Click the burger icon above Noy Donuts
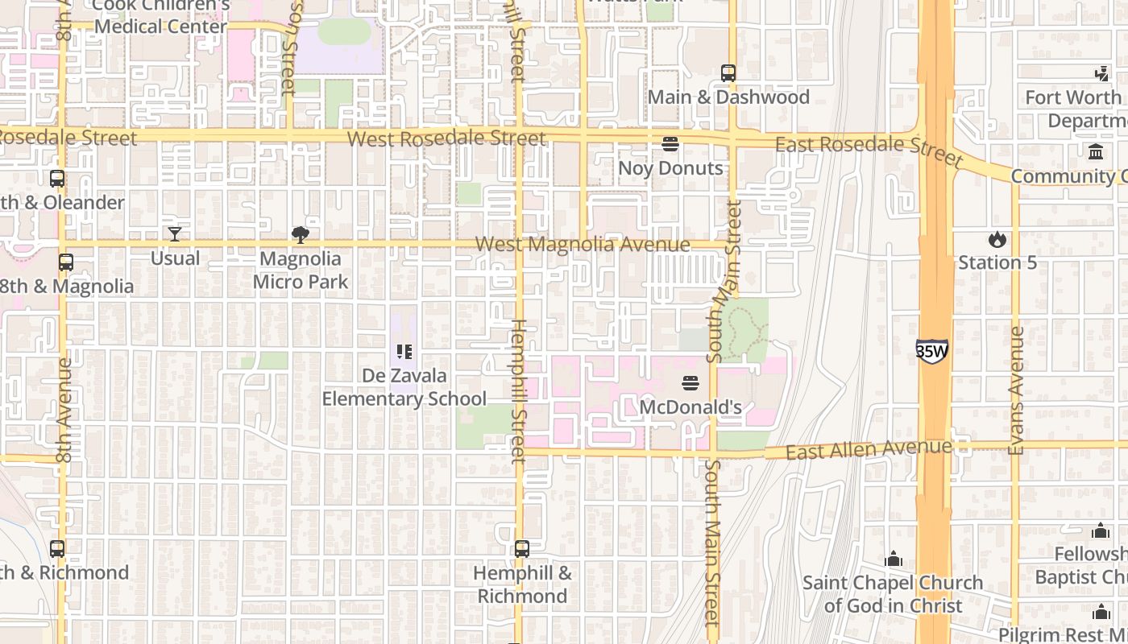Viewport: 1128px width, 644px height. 670,144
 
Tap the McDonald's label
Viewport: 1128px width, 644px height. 690,407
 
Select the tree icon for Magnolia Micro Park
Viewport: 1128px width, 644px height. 301,235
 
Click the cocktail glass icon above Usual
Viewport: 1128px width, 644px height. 175,234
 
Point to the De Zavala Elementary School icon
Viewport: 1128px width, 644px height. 404,352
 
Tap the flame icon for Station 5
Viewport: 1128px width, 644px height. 997,239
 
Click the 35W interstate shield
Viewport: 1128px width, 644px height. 931,350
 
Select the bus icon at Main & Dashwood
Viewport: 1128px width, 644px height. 728,73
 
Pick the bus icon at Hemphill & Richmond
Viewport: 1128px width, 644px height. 522,549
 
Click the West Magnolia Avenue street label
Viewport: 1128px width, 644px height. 583,244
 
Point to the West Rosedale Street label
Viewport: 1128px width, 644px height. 446,138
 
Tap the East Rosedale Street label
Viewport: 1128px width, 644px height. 869,149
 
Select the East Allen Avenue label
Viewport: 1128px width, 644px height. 869,449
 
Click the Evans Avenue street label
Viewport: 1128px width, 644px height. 1016,390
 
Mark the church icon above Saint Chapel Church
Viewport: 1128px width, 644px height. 893,559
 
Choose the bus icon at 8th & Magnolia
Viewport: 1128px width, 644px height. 66,262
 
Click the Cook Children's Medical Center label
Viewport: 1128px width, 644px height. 161,16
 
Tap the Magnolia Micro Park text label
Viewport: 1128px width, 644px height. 301,270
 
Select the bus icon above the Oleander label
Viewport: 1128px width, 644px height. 57,179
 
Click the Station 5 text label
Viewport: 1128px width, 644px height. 997,262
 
